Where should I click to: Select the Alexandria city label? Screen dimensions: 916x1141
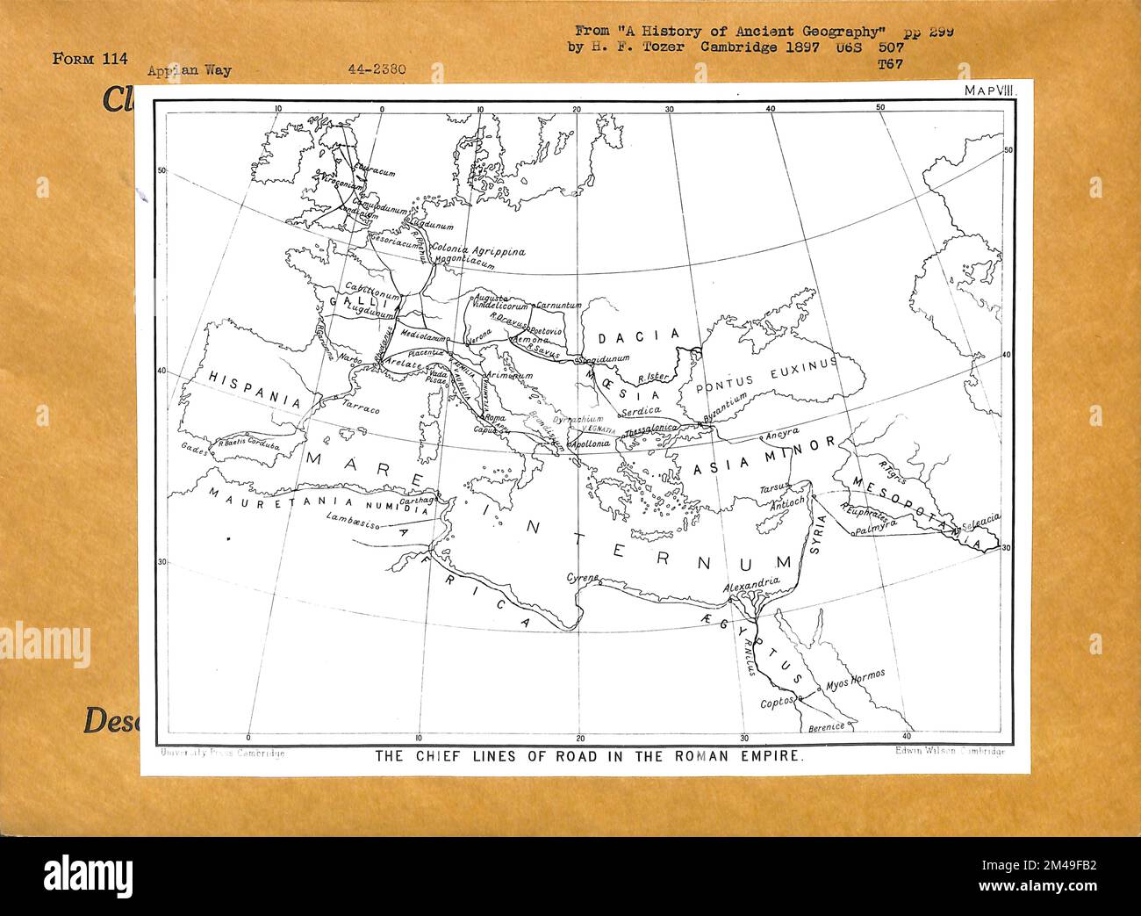pos(752,582)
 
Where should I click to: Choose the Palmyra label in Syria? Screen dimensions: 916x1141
pos(878,530)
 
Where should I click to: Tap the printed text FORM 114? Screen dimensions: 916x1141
pos(90,59)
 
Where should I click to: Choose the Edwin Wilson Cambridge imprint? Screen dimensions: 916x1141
pos(951,752)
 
